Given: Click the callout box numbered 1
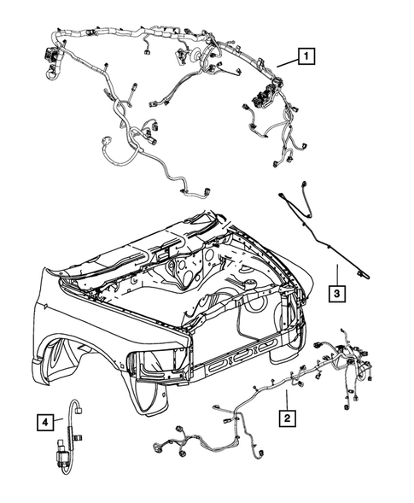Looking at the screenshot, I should point(305,58).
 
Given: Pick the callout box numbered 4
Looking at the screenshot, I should point(43,420).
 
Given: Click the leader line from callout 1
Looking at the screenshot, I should point(285,62).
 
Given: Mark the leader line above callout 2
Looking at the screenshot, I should point(288,398).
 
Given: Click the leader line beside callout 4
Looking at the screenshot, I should point(58,420).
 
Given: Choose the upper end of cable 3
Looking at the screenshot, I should point(282,196).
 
